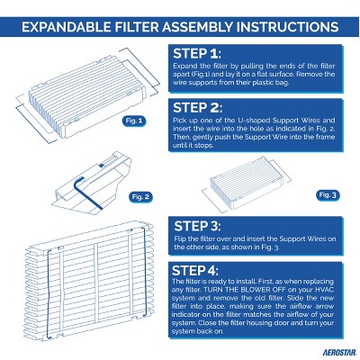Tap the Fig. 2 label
coord(141,195)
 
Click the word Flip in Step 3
coord(182,245)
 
